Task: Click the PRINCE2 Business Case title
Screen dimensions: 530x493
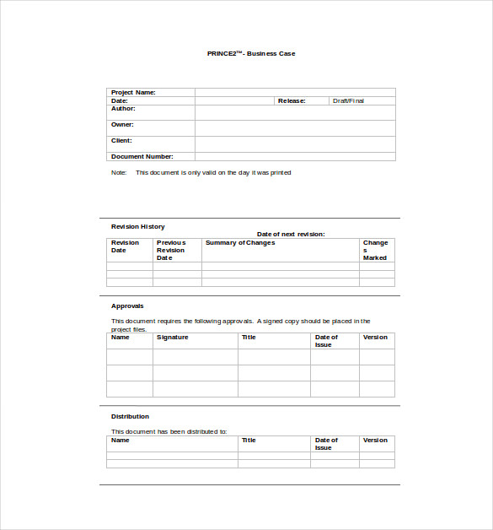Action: (x=251, y=53)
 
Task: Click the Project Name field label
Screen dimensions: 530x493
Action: (x=133, y=92)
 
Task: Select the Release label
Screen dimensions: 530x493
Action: (x=292, y=100)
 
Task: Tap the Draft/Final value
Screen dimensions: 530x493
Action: (x=349, y=100)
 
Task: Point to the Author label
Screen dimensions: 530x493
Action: (x=123, y=108)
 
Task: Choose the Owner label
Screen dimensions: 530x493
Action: (x=122, y=124)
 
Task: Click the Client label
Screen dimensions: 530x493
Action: (x=121, y=140)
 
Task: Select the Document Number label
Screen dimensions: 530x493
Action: (x=142, y=156)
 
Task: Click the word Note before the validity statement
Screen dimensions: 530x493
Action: (x=118, y=172)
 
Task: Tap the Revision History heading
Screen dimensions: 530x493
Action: (x=137, y=226)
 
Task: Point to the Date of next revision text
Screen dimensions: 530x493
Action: (x=291, y=234)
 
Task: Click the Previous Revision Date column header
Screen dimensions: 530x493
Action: (x=170, y=250)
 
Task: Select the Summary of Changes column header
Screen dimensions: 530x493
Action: (x=240, y=243)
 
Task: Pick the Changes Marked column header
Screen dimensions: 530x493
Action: (x=375, y=250)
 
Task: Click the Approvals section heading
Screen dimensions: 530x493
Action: (x=127, y=306)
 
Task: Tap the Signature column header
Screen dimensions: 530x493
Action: (x=172, y=338)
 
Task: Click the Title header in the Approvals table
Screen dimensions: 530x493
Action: (x=249, y=338)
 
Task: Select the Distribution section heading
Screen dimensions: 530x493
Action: (x=130, y=416)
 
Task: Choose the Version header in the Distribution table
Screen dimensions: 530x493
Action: (x=375, y=440)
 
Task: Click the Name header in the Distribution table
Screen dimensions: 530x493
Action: (x=121, y=440)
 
